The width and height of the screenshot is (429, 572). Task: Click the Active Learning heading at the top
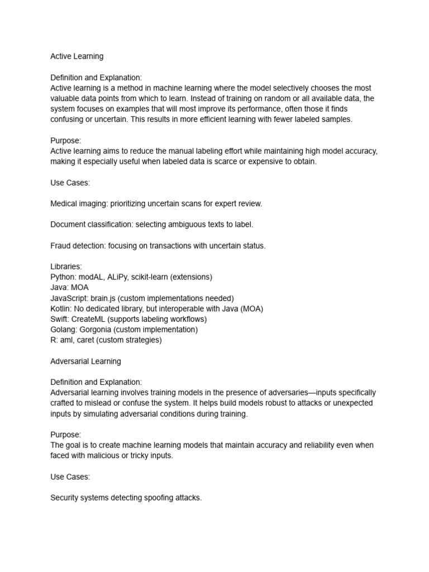[x=77, y=56]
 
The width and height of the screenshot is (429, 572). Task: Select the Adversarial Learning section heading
[x=85, y=361]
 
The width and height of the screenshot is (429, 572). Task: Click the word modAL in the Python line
[x=90, y=277]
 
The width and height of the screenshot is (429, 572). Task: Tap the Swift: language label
[x=60, y=319]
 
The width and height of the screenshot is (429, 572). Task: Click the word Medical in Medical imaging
[x=65, y=204]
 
